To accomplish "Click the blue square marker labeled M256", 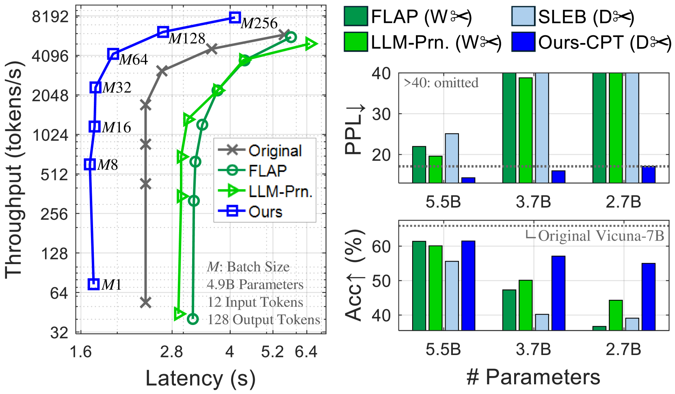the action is click(235, 17).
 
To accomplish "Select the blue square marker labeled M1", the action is click(93, 284).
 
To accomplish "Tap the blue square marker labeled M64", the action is click(113, 54).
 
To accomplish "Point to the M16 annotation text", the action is click(116, 127).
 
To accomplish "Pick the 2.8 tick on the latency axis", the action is click(171, 351).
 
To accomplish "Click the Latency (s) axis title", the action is click(200, 378).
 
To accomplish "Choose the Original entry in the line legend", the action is click(260, 151).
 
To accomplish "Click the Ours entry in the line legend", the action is click(250, 211).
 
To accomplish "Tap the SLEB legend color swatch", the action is click(523, 16).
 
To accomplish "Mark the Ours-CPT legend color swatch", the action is click(523, 41).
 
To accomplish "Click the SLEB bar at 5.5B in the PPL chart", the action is click(452, 158).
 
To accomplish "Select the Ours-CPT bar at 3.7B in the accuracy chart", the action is click(558, 293).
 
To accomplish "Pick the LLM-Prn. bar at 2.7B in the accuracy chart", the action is click(616, 315).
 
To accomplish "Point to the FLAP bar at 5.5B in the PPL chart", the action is click(419, 165).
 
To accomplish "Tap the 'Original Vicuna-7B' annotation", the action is click(601, 236).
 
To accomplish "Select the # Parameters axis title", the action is click(533, 377).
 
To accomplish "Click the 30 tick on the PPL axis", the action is click(382, 114).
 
